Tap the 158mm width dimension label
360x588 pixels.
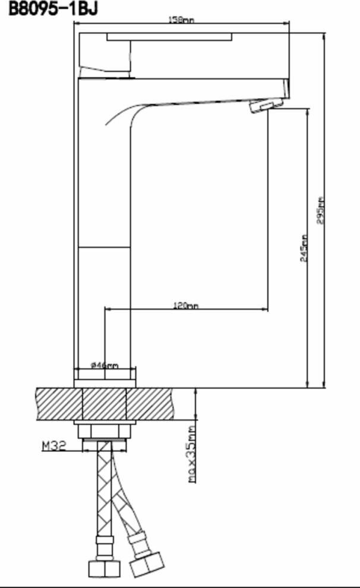[x=181, y=20]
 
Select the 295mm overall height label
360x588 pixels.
[x=321, y=210]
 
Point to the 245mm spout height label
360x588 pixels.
[x=304, y=248]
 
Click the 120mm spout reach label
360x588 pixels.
[x=185, y=305]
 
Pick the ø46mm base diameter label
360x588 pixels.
[x=105, y=365]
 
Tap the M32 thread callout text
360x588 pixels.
[x=53, y=445]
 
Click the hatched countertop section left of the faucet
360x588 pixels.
[x=59, y=403]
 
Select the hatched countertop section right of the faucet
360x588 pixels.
[x=154, y=403]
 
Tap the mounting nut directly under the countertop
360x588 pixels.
[x=105, y=429]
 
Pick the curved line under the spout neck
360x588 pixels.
[x=122, y=113]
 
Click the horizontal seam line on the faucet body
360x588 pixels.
[x=105, y=246]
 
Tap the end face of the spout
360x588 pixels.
[x=285, y=89]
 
